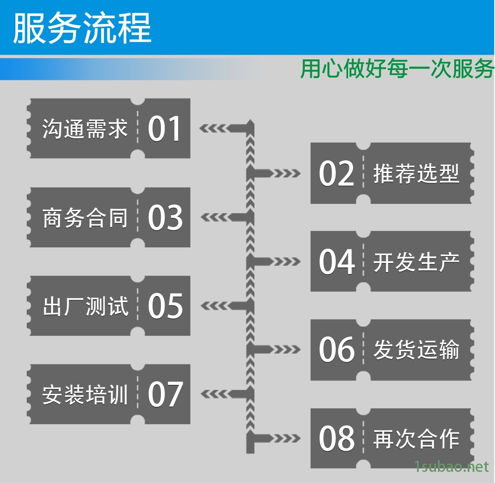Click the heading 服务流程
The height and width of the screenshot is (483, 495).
tap(82, 28)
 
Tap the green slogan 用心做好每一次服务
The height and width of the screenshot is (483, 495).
tap(397, 68)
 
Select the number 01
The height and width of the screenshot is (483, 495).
tap(164, 129)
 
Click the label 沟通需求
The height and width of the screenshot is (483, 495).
tap(85, 129)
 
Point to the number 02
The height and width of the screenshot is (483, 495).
tap(336, 174)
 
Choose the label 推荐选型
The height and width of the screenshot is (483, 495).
tap(416, 174)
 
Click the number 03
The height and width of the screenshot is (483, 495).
tap(165, 218)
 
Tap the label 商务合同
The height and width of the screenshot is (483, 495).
tap(85, 218)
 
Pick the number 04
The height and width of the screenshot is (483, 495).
tap(336, 262)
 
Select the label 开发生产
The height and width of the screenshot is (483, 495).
tap(416, 262)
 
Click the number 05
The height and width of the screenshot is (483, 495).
tap(165, 306)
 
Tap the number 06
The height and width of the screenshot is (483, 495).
tap(336, 350)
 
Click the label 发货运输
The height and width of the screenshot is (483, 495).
tap(416, 350)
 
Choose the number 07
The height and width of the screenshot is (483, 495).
tap(165, 394)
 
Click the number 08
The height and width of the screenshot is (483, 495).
tap(336, 438)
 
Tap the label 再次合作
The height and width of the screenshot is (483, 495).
tap(416, 438)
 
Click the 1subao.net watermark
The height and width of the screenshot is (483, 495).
tap(451, 467)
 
